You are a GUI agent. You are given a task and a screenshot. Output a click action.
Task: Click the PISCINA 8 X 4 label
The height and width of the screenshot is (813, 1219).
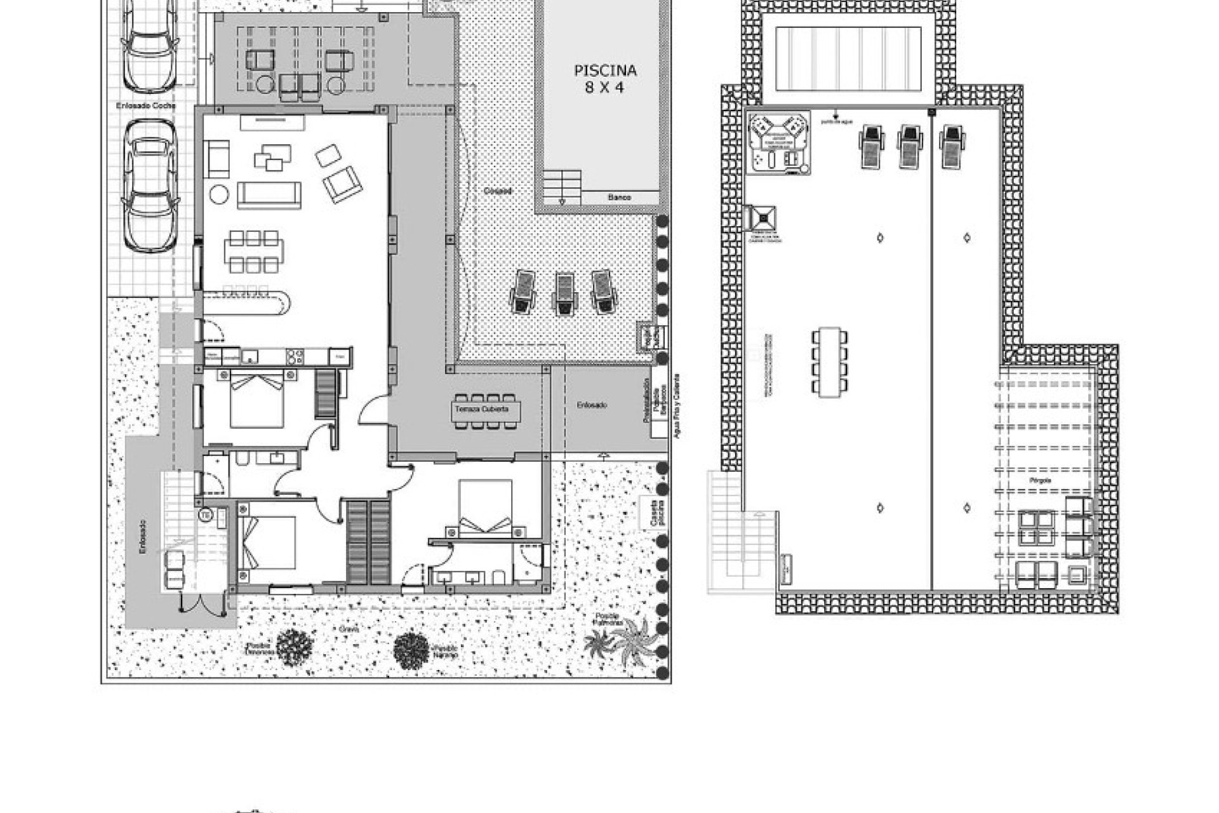coord(605,79)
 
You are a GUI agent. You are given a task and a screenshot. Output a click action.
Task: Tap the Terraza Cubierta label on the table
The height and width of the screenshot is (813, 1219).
coord(481,409)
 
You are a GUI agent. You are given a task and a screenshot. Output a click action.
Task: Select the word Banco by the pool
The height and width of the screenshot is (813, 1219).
coord(619,198)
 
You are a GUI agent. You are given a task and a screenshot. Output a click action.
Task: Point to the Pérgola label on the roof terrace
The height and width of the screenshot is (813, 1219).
coord(1041,481)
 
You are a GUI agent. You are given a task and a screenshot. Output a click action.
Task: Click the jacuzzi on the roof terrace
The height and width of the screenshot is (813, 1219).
coord(778,143)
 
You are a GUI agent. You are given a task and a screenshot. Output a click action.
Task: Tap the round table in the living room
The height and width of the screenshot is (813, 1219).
coord(220,193)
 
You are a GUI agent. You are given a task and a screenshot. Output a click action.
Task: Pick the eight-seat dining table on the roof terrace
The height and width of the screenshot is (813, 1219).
coord(829,362)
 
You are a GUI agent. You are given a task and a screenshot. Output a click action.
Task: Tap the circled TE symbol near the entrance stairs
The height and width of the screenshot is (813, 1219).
coord(206,514)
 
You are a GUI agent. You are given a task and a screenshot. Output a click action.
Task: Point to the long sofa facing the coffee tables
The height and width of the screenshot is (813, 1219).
coord(269,194)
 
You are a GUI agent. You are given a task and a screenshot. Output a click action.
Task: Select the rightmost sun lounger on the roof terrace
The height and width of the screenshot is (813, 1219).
coord(950,146)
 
